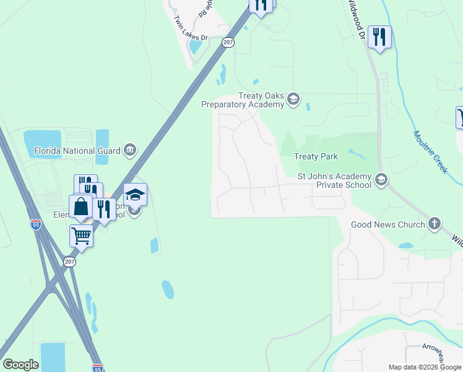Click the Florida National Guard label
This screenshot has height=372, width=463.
pos(77,150)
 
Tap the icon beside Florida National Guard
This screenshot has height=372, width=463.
pos(130,149)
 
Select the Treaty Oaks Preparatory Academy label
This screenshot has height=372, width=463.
pos(243,100)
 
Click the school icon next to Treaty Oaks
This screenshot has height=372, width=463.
pos(293,99)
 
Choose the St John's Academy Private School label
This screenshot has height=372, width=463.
pos(334,180)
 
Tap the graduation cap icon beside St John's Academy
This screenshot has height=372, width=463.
pos(381,180)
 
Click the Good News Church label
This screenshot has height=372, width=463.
pos(388,224)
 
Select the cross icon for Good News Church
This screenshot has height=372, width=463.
pos(435,224)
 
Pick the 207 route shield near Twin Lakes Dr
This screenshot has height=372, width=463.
pos(228,42)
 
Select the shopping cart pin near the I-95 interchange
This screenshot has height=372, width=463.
pos(81,236)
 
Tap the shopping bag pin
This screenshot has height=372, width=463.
pos(81,206)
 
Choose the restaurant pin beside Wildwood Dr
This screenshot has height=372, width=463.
pos(379,37)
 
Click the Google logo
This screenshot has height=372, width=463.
pos(20,365)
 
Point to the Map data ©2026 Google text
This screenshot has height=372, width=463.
pos(425,367)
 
